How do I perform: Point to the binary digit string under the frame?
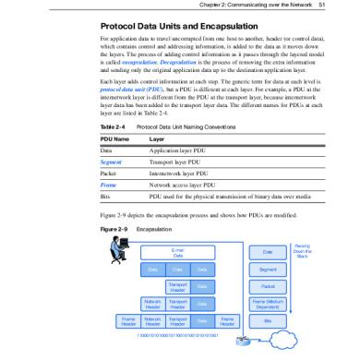click(x=179, y=333)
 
